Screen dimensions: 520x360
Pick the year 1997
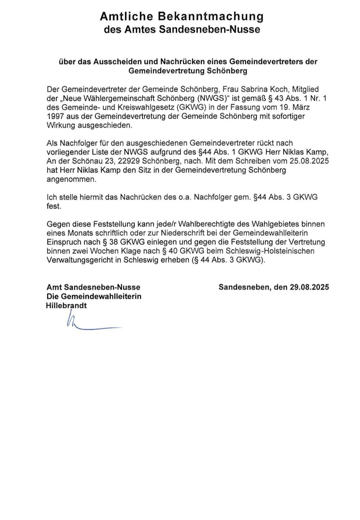click(55, 116)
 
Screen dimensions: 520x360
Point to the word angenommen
click(71, 179)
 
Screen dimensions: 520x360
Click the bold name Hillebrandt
click(66, 305)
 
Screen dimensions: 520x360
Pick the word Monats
click(80, 233)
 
